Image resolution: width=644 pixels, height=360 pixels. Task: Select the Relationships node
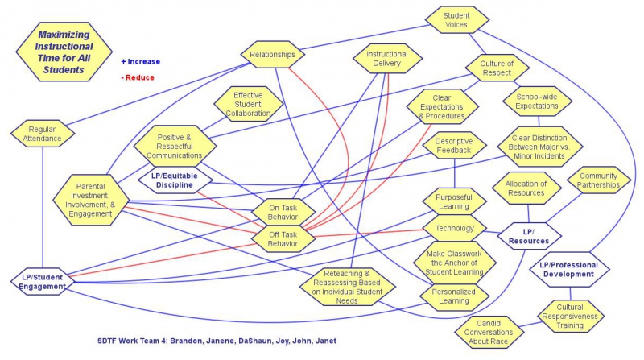[x=273, y=56]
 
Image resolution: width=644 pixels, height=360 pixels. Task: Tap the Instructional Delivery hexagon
[x=387, y=59]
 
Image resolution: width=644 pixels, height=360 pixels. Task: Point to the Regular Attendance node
[x=41, y=134]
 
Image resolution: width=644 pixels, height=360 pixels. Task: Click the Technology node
[x=455, y=228]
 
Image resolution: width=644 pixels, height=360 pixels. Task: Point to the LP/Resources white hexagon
[x=529, y=236]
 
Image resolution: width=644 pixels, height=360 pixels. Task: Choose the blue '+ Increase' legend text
[x=141, y=61]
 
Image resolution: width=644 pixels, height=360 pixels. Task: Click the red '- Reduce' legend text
[x=137, y=77]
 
